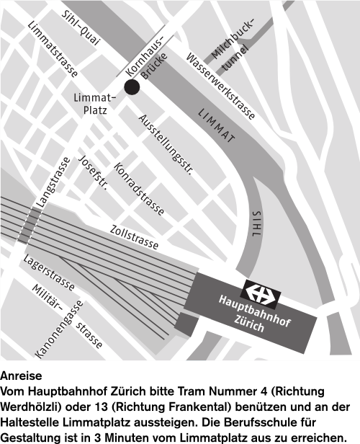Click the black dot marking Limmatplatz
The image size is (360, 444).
click(x=131, y=87)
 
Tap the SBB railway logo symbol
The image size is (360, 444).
click(x=259, y=292)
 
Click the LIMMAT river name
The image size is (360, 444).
click(x=217, y=127)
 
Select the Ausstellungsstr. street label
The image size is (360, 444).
click(x=166, y=145)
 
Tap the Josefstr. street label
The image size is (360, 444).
click(x=93, y=173)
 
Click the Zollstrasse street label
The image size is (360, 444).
click(x=134, y=236)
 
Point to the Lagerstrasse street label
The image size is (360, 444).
click(x=49, y=276)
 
